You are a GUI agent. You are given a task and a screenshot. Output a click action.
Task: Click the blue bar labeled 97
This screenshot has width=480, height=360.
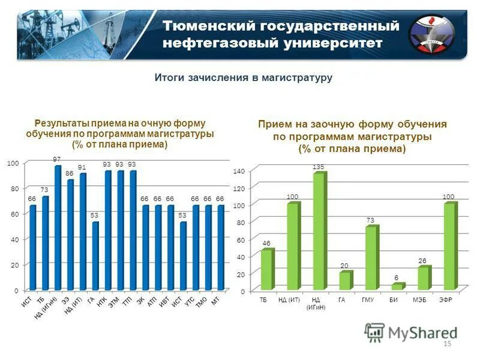58,228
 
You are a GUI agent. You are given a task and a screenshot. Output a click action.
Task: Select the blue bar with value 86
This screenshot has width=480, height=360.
71,235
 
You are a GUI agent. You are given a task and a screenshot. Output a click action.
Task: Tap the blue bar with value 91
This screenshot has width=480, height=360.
83,232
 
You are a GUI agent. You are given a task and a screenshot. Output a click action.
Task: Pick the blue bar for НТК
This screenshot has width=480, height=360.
108,230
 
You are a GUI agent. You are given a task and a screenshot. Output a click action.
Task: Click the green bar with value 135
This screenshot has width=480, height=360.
319,231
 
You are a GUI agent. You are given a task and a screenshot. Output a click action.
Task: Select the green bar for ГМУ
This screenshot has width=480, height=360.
372,257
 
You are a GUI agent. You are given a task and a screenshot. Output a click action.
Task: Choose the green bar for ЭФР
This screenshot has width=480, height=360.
449,246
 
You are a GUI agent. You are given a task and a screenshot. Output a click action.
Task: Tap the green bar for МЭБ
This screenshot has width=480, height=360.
424,278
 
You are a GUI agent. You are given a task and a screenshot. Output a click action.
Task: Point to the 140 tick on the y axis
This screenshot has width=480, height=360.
238,172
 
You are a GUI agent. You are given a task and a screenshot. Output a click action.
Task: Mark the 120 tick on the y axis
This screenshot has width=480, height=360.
238,188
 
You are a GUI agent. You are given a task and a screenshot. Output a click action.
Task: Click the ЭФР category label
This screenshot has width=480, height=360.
445,299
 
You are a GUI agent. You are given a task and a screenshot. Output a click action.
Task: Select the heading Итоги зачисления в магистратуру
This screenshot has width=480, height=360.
244,78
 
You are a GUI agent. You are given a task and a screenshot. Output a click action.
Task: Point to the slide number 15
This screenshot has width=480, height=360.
446,343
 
